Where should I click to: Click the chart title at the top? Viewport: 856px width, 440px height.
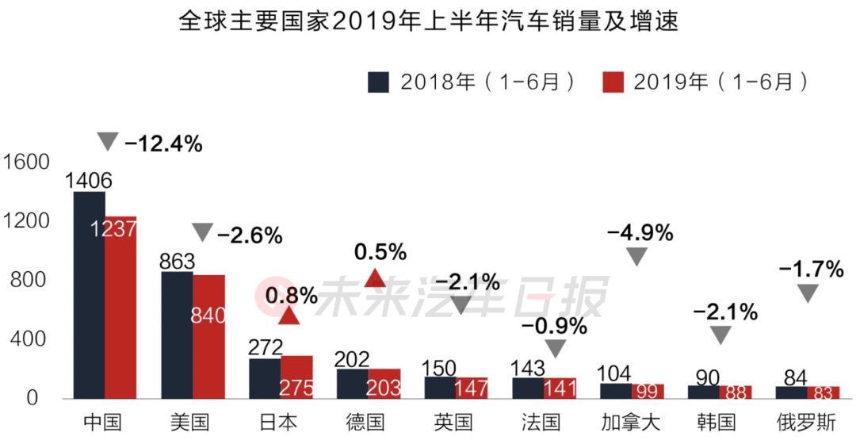428,21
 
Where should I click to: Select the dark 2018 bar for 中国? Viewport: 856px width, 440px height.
89,293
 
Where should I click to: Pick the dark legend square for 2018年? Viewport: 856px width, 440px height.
379,82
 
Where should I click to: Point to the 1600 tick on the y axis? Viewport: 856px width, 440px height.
26,162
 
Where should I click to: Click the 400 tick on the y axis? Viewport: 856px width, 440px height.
32,339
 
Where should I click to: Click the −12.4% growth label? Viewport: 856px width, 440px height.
163,144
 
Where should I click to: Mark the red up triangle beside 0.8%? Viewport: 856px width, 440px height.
289,316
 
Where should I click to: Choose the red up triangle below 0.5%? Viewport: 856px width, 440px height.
375,277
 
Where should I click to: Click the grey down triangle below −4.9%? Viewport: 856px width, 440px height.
637,256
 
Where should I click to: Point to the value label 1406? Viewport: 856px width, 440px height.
89,181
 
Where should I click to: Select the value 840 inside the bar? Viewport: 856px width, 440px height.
208,315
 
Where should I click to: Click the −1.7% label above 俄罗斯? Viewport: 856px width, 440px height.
811,270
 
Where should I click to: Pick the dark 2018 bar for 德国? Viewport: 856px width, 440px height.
353,384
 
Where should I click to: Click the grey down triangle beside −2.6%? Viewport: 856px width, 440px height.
203,232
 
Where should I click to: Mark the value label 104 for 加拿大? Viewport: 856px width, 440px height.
616,375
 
